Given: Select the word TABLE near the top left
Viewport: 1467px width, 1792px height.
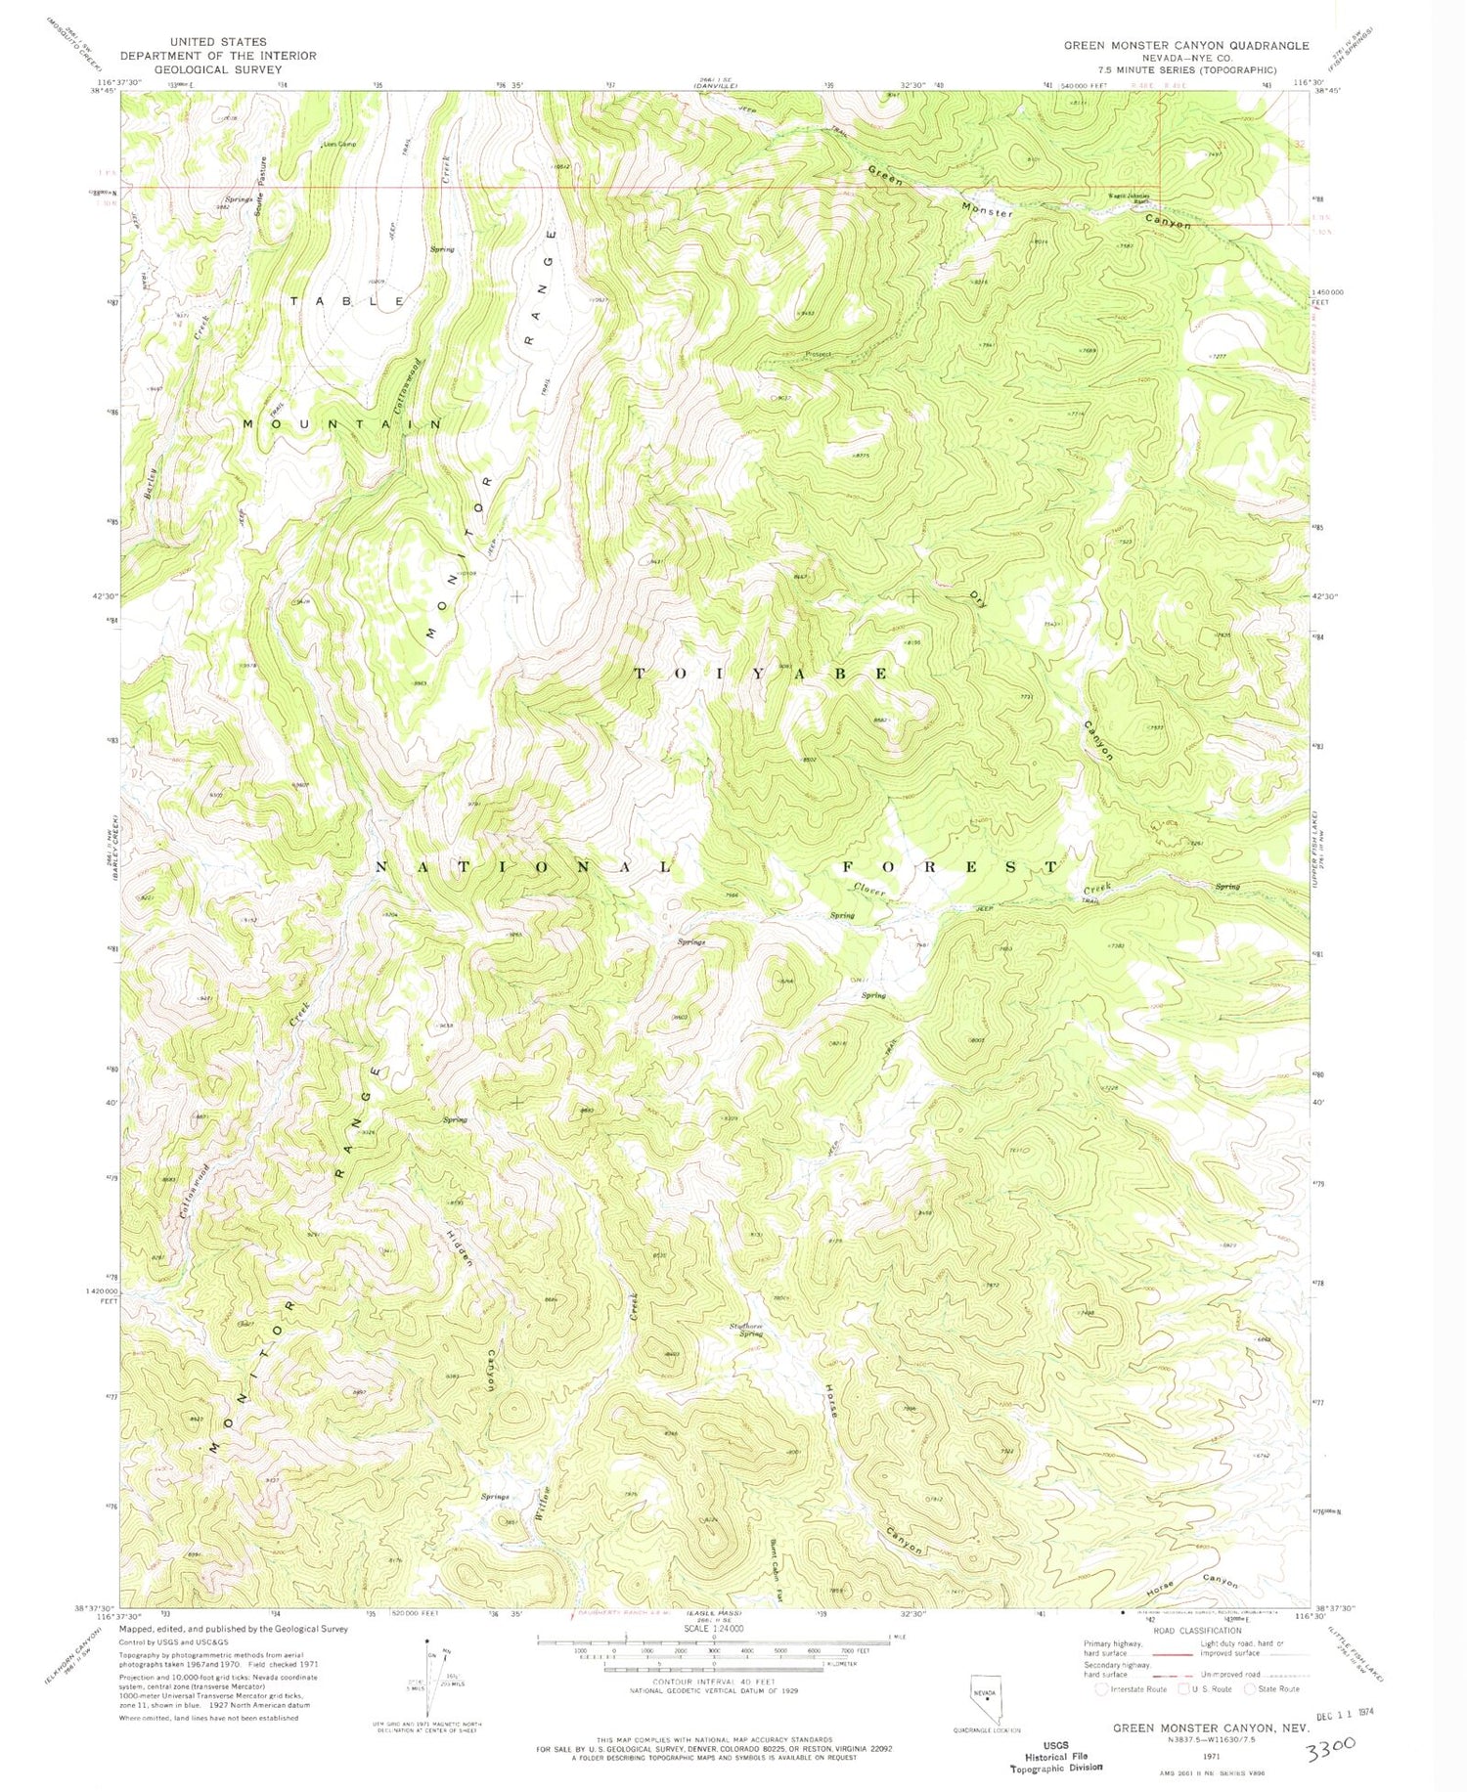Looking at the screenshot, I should pyautogui.click(x=347, y=302).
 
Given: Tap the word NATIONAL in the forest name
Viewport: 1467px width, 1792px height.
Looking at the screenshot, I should pyautogui.click(x=525, y=867).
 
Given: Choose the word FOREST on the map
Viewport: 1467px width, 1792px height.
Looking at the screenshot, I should pyautogui.click(x=951, y=867).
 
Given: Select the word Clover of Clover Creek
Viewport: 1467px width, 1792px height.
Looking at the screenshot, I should pyautogui.click(x=869, y=891).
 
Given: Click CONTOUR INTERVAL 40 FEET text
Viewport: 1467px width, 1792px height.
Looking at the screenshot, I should pyautogui.click(x=712, y=1682).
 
